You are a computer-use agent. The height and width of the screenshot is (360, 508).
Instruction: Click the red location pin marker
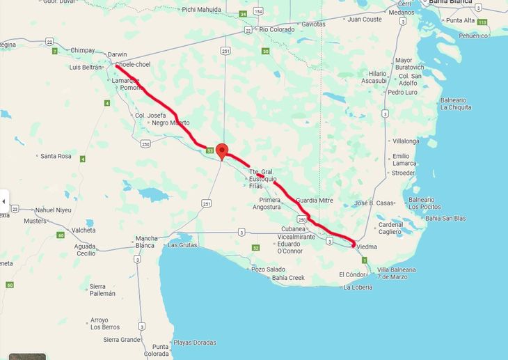tap(222, 150)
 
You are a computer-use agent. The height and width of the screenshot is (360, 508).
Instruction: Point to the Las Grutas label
tap(183, 245)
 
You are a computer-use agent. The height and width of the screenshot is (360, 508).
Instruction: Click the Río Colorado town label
tap(277, 29)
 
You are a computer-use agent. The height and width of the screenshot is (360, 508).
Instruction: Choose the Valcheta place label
tap(84, 230)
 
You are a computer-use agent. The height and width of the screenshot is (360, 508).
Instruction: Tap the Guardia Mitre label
tap(315, 201)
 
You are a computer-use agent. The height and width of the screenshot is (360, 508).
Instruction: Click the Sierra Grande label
tap(121, 340)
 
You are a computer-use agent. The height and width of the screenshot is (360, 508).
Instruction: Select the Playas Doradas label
tap(194, 343)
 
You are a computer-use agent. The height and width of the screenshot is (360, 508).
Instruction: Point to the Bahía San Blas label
tap(445, 218)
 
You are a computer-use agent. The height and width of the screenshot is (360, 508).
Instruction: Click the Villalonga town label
tap(406, 141)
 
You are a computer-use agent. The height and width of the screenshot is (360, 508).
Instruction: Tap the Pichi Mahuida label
tap(201, 10)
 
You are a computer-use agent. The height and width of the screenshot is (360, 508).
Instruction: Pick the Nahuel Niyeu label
tap(54, 210)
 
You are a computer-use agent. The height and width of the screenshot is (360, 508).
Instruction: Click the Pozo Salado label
tap(268, 269)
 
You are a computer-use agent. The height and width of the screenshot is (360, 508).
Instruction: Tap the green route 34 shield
tap(243, 14)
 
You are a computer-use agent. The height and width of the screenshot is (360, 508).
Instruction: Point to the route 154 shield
tap(258, 12)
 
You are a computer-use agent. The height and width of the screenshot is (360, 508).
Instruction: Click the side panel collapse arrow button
tap(3, 202)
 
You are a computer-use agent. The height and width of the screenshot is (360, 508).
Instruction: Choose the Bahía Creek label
tap(288, 278)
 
